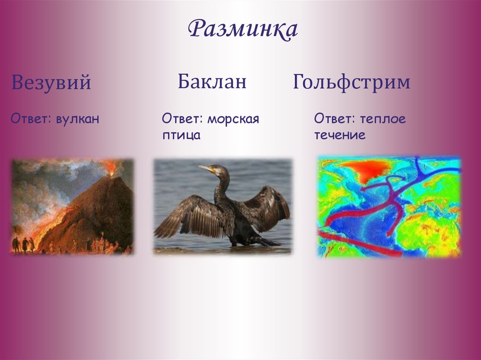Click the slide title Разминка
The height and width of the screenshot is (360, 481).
(243, 30)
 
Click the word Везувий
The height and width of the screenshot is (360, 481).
(51, 83)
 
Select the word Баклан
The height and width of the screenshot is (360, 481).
(212, 82)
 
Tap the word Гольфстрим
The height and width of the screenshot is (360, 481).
(351, 83)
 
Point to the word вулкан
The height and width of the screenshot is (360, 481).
(78, 119)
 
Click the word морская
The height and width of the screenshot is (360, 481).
(233, 119)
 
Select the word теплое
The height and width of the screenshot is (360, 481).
(383, 119)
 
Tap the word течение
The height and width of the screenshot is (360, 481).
(340, 136)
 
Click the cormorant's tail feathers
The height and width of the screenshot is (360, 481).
(268, 242)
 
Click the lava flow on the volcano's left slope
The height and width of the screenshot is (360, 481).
(47, 225)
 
